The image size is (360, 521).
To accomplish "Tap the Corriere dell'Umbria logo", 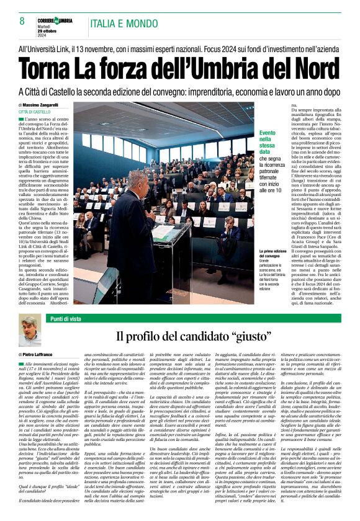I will [x=55, y=21].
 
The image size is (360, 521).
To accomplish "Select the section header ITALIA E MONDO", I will [x=124, y=23].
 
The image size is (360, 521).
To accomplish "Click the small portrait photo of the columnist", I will [x=29, y=331].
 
